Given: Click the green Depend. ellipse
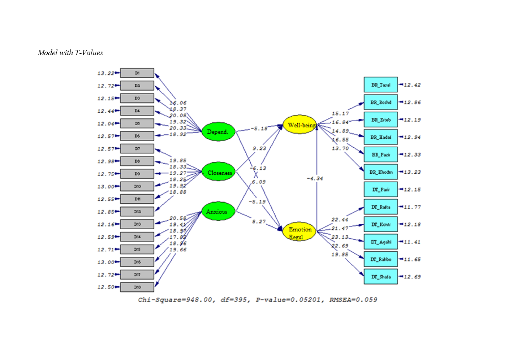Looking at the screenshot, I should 218,132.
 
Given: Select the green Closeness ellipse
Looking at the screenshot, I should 219,173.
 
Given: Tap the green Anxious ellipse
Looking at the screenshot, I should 218,212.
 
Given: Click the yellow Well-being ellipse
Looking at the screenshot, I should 299,125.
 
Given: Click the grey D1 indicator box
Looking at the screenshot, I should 137,73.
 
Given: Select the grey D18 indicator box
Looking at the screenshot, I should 137,287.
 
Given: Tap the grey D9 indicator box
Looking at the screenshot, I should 137,174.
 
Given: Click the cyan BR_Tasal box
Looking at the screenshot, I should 381,85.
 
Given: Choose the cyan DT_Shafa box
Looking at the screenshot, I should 381,277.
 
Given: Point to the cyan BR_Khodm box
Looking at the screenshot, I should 381,172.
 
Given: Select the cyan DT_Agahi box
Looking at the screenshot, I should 381,242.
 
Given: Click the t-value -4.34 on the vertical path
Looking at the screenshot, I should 315,178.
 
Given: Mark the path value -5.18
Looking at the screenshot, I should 259,129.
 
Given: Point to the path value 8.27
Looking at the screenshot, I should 259,221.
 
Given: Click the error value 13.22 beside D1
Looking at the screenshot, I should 105,73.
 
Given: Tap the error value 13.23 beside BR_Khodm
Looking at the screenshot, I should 412,172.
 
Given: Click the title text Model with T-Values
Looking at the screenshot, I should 70,53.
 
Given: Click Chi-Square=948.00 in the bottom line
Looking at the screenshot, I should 175,300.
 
